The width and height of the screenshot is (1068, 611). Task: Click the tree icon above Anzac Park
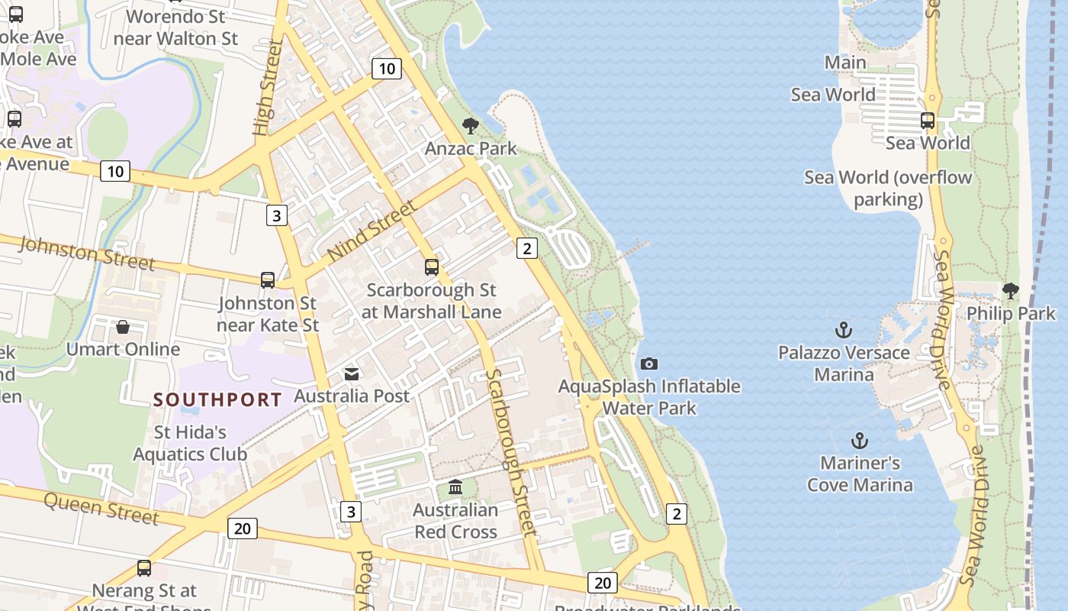471,126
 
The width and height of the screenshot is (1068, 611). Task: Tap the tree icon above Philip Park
1011,291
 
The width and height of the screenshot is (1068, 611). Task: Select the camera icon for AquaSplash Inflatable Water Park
649,364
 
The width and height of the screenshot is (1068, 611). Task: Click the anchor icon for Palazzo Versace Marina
844,330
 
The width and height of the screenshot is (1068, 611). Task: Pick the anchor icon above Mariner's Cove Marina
860,441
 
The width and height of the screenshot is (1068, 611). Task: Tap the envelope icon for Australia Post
352,373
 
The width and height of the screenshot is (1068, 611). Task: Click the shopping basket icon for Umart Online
123,327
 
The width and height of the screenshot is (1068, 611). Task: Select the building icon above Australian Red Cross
455,487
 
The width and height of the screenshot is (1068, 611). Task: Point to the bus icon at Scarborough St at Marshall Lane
432,267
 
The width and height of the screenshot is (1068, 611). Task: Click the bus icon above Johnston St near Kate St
268,280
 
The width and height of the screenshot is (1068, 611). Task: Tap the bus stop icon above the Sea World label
928,121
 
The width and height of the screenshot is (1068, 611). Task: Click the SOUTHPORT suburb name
217,399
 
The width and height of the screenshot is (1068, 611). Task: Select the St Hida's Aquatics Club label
190,443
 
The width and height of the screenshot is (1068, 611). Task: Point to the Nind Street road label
373,229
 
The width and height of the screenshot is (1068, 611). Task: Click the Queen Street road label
101,508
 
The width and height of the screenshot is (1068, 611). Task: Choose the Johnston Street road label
85,253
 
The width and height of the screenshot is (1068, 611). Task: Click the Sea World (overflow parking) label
888,189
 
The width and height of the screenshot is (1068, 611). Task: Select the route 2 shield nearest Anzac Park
527,247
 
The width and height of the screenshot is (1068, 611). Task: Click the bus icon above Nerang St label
144,568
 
